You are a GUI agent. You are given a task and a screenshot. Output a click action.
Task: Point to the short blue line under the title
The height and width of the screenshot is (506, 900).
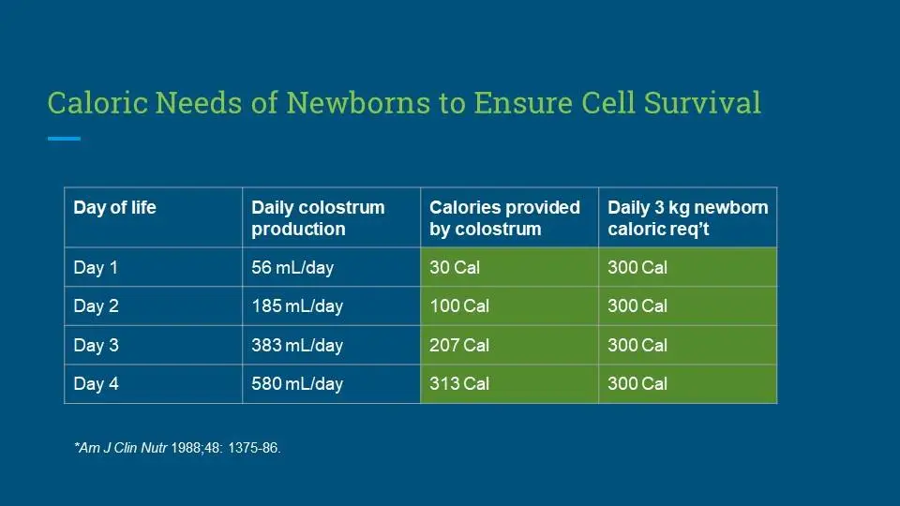click(x=65, y=139)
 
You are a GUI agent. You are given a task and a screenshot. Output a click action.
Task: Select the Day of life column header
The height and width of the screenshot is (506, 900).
click(x=114, y=207)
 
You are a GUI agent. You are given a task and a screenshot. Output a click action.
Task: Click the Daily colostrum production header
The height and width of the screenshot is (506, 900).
click(x=318, y=218)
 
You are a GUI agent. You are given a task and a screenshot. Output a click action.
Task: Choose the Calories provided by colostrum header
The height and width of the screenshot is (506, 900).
click(x=504, y=218)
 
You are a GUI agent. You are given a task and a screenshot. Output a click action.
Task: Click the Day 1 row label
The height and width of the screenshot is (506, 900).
click(x=96, y=267)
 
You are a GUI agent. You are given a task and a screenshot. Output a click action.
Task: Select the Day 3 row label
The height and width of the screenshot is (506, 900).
click(x=96, y=346)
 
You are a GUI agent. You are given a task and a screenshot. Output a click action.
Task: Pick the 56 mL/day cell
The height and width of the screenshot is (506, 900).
click(x=292, y=267)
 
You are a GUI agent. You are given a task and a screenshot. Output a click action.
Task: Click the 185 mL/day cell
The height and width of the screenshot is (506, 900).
click(x=297, y=305)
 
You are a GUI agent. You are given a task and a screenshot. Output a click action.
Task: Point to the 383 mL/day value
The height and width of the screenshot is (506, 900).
click(x=297, y=346)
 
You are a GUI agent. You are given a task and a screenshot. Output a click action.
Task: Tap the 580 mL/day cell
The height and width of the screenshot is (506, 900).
click(x=297, y=384)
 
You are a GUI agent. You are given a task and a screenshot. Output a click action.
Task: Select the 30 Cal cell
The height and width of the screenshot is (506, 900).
click(x=455, y=267)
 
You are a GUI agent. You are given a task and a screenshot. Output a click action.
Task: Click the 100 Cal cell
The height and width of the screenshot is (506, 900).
click(x=459, y=305)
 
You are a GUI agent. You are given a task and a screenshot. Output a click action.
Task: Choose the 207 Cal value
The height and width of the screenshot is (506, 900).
click(x=459, y=346)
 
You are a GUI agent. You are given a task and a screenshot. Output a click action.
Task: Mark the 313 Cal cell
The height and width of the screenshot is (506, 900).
click(x=459, y=384)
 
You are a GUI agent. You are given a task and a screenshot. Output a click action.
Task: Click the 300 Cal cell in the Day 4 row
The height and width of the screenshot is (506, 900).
click(x=637, y=384)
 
